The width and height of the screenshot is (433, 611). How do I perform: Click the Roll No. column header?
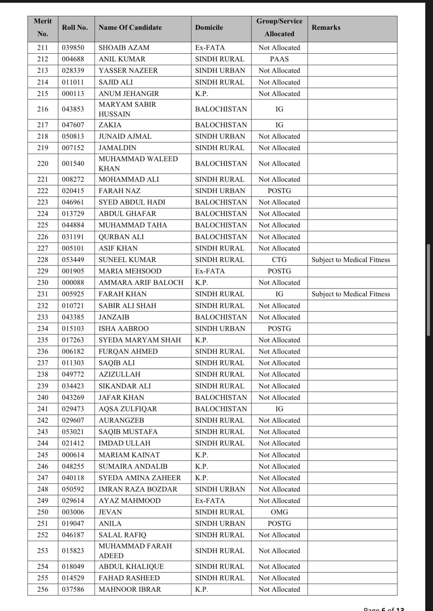pyautogui.click(x=75, y=28)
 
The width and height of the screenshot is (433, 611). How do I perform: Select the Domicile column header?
pyautogui.click(x=209, y=28)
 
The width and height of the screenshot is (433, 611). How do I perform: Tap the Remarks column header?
pyautogui.click(x=326, y=28)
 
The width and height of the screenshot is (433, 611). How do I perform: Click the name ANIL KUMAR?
pyautogui.click(x=122, y=59)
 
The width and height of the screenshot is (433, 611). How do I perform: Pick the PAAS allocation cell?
pyautogui.click(x=279, y=59)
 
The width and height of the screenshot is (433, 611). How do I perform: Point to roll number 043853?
pyautogui.click(x=73, y=109)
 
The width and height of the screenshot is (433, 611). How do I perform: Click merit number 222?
pyautogui.click(x=43, y=191)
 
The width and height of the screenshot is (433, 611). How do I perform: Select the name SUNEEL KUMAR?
pyautogui.click(x=127, y=260)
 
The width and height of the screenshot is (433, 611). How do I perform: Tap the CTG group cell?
pyautogui.click(x=279, y=260)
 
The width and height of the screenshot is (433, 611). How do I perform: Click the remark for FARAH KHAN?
pyautogui.click(x=350, y=294)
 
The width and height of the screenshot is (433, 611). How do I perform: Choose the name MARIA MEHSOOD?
pyautogui.click(x=130, y=271)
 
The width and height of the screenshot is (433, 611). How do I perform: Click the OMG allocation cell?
pyautogui.click(x=279, y=512)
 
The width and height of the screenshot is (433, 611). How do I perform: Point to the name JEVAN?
pyautogui.click(x=110, y=512)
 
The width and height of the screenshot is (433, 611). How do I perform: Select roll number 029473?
pyautogui.click(x=73, y=409)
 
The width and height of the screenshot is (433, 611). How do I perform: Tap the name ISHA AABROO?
pyautogui.click(x=124, y=329)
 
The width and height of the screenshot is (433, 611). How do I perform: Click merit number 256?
pyautogui.click(x=43, y=589)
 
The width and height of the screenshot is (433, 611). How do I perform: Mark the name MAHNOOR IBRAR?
pyautogui.click(x=130, y=589)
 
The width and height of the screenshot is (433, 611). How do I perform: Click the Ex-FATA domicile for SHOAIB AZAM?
pyautogui.click(x=210, y=48)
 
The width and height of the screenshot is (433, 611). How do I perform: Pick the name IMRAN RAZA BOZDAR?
pyautogui.click(x=138, y=489)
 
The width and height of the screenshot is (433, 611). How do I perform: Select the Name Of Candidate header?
pyautogui.click(x=130, y=28)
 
